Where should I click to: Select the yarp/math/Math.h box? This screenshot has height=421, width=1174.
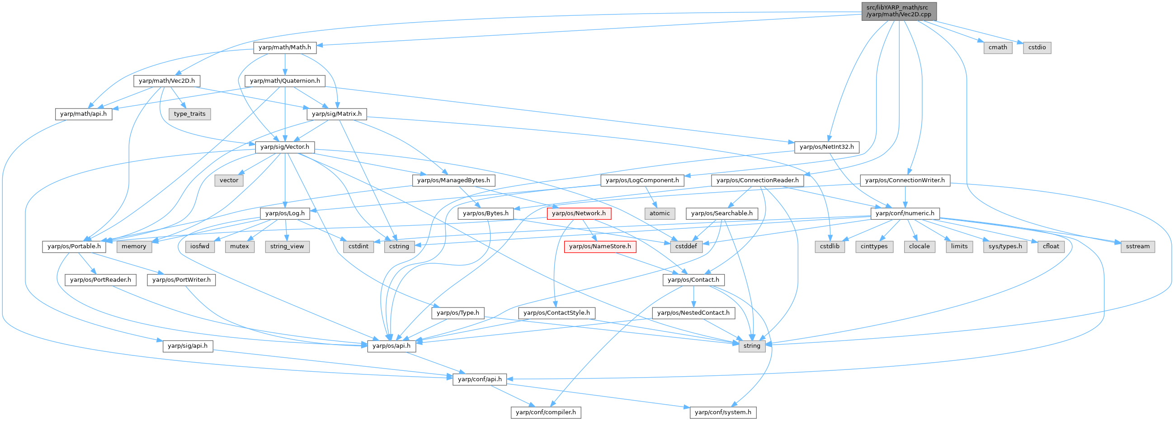(284, 47)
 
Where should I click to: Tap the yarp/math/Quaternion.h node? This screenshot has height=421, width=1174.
(285, 81)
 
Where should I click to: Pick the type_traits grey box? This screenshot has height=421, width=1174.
(189, 114)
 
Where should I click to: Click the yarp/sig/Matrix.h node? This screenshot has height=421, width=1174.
(337, 114)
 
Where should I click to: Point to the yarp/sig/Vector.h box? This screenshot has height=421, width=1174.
(284, 147)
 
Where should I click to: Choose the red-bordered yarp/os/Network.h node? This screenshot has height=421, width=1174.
(579, 213)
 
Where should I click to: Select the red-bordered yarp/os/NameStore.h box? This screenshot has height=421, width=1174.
(600, 246)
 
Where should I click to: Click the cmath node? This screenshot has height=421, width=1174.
(998, 47)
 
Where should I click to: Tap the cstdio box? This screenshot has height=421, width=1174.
(1037, 47)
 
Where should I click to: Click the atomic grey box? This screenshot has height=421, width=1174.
(660, 213)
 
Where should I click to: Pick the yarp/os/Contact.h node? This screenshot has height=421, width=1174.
(693, 279)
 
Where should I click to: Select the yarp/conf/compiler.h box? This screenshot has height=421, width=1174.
(546, 412)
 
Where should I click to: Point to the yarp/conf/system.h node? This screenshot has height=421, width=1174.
(723, 412)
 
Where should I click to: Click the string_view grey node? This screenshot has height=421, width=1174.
(287, 246)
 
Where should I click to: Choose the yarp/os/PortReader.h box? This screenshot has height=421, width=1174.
(101, 279)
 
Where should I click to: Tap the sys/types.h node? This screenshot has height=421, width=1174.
(1005, 246)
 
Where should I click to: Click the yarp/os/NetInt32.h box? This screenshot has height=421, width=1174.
(827, 147)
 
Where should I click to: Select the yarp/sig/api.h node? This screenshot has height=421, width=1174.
(187, 346)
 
